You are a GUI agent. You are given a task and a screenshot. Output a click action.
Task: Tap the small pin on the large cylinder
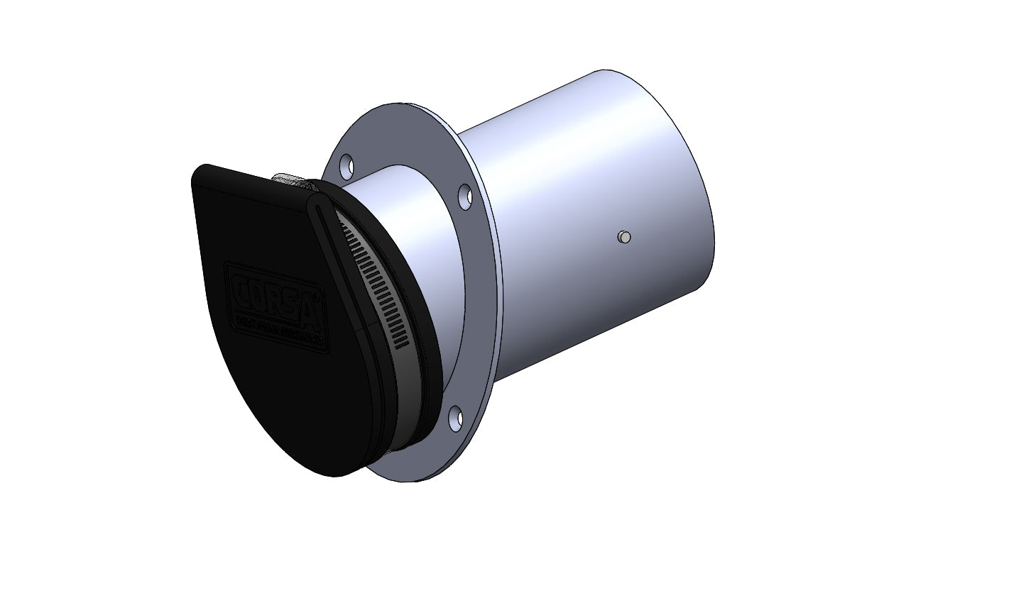pos(624,237)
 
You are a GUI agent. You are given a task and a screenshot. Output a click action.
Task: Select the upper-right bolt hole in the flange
pos(465,196)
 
